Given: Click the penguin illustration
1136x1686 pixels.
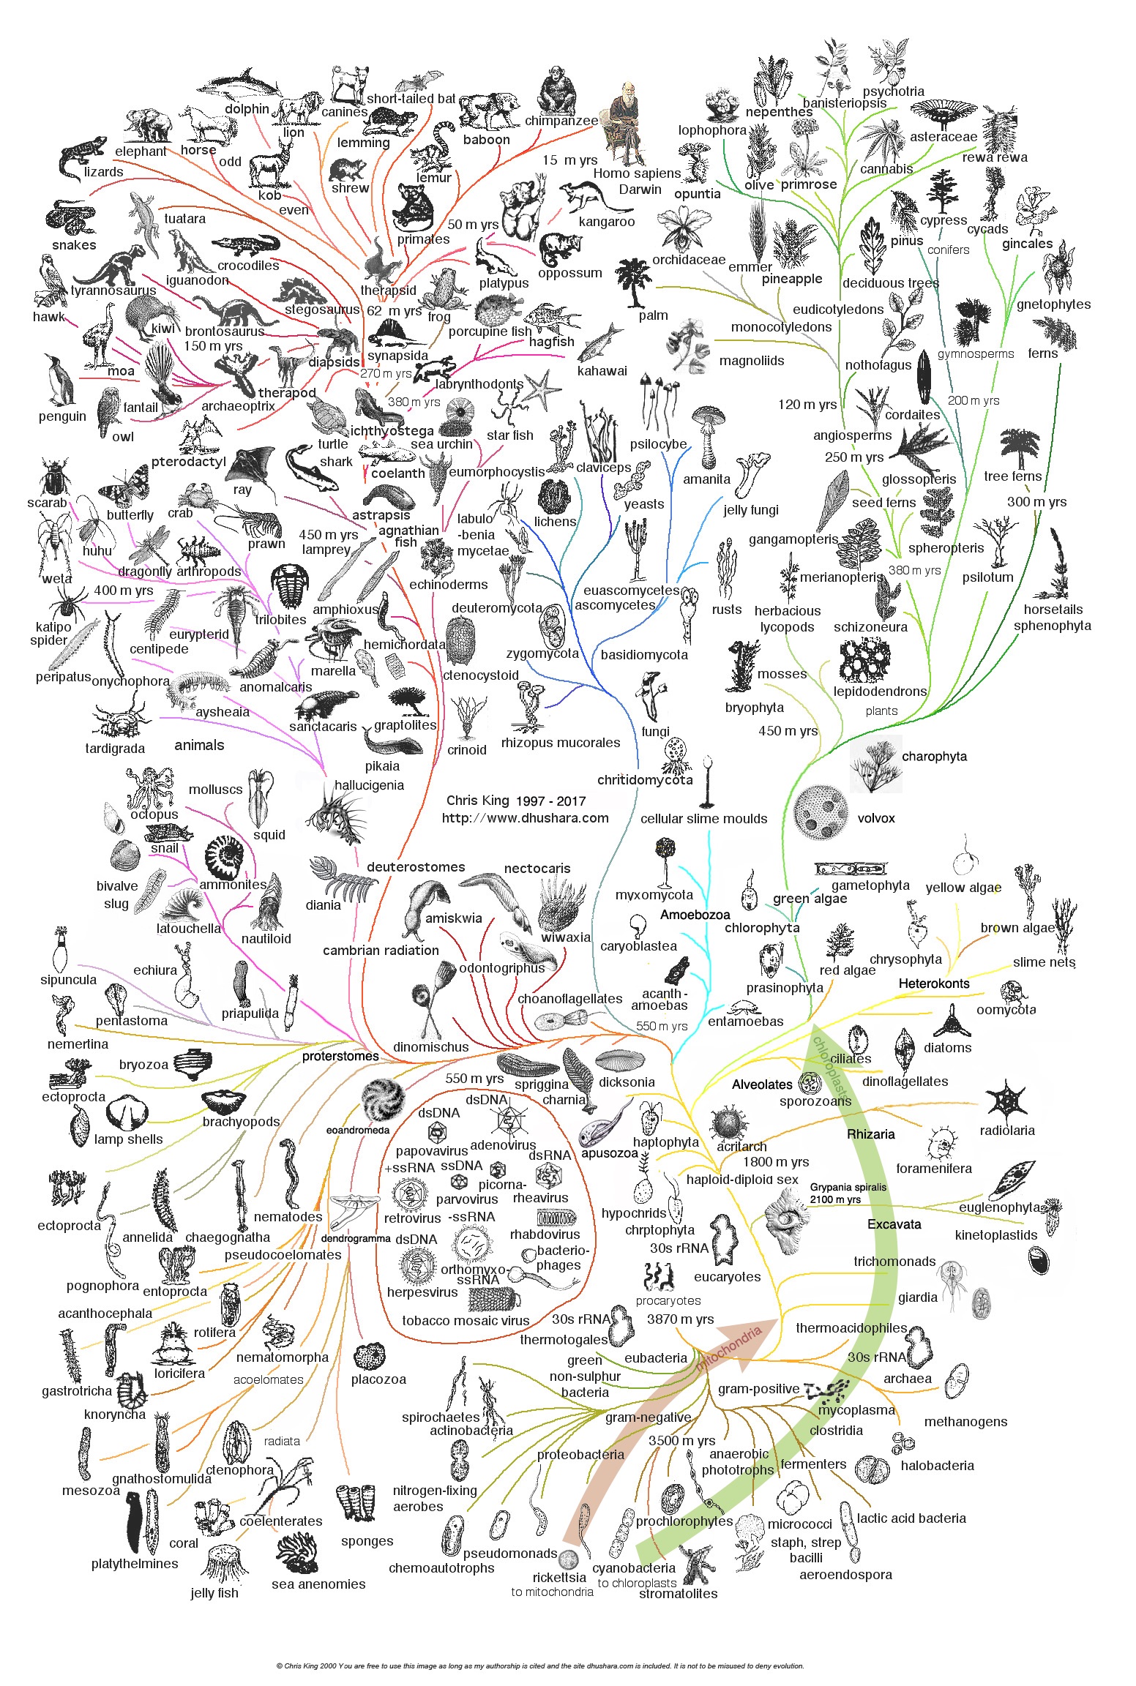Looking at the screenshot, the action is coord(59,380).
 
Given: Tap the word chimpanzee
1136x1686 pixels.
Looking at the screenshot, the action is coord(561,121).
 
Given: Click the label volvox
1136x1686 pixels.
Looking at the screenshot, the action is coord(875,818).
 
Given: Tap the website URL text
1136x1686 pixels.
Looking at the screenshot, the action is coord(525,818).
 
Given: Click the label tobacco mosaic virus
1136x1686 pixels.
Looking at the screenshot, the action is coord(466,1321).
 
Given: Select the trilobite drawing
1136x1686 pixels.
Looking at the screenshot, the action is coord(289,587).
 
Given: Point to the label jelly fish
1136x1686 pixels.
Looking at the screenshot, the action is coord(214,1592).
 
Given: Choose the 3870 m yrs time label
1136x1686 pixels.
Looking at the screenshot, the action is coord(680,1319).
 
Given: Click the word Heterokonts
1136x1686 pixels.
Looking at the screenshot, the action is coord(933,983).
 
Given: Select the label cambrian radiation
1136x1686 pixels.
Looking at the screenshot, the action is coord(381,951).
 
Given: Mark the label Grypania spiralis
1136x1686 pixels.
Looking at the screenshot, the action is coord(848,1187).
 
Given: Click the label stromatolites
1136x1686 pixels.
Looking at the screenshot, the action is coord(679,1593).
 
